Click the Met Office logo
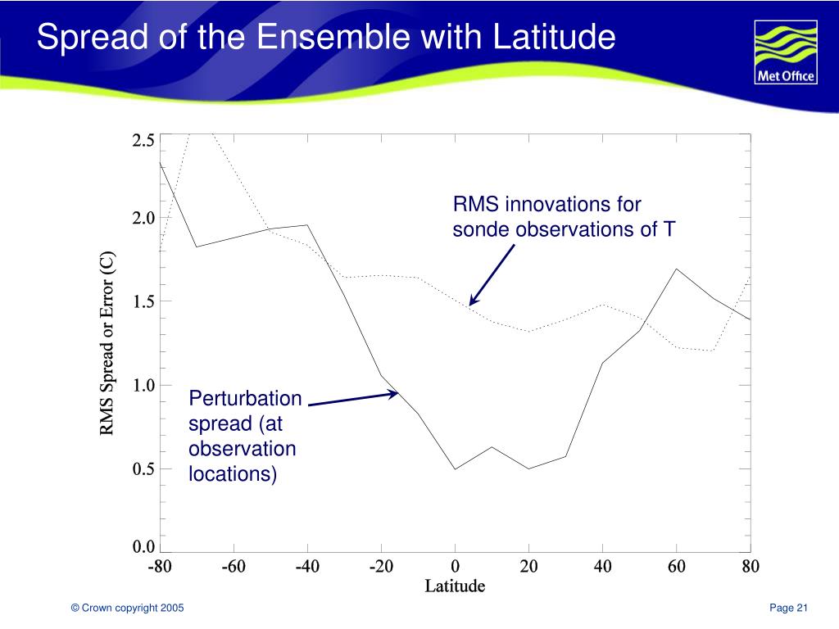[784, 53]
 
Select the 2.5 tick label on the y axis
[143, 141]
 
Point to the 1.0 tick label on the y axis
[143, 385]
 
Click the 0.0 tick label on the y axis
[143, 547]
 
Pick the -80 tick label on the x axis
[160, 567]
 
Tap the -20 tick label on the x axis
[381, 567]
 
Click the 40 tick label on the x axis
[602, 567]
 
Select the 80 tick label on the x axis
[751, 567]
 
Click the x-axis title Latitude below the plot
[455, 586]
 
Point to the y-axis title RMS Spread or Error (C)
[108, 344]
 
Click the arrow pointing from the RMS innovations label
[492, 274]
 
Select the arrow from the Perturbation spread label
[352, 398]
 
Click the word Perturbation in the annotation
[245, 399]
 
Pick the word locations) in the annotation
[233, 473]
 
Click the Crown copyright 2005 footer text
[127, 607]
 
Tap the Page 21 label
[789, 607]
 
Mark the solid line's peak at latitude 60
[676, 269]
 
